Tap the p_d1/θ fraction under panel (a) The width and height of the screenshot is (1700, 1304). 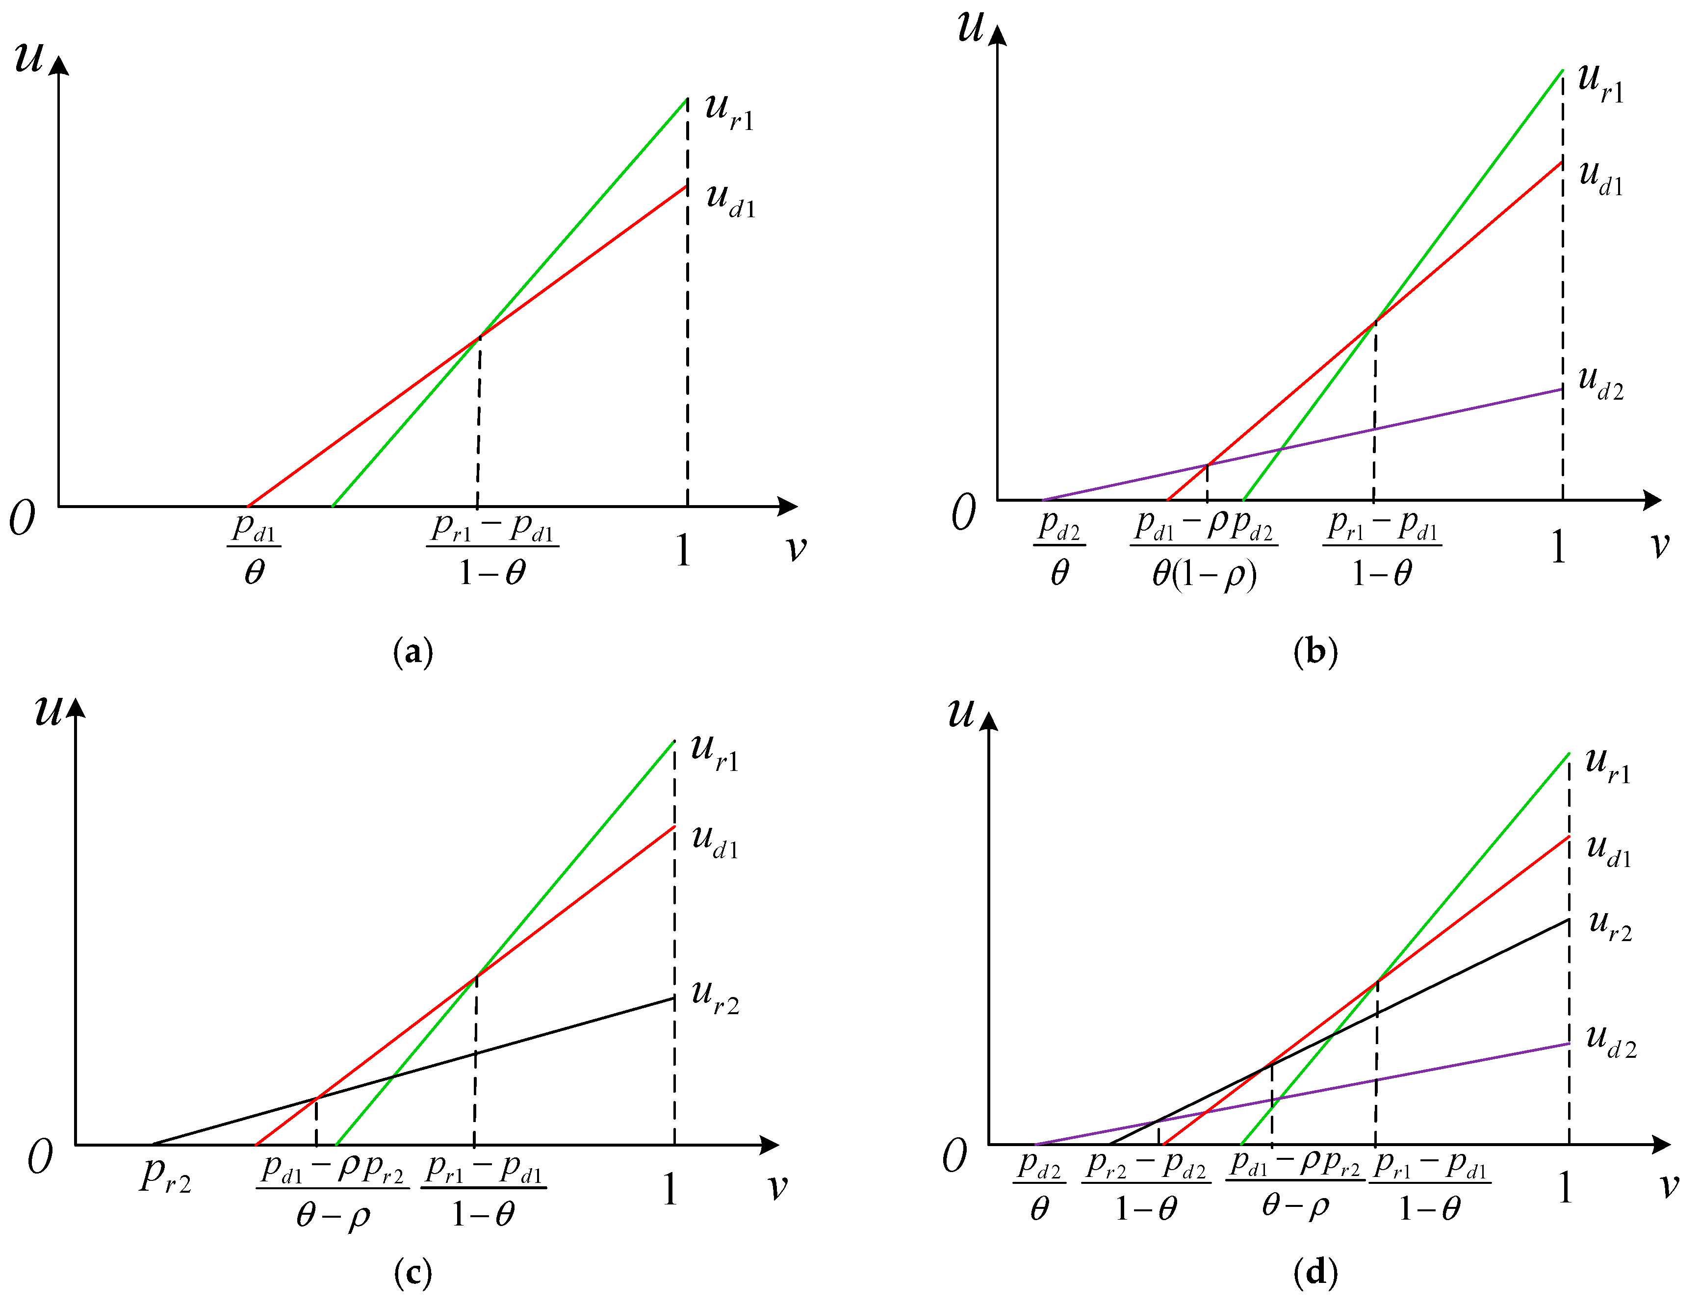click(x=254, y=548)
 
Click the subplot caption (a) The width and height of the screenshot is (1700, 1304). click(x=413, y=652)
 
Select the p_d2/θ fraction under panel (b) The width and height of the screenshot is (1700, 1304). click(x=1059, y=548)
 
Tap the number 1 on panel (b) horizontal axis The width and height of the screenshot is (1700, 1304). click(x=1558, y=547)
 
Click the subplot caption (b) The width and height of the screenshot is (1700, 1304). click(x=1316, y=652)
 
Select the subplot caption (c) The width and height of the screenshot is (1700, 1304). click(x=413, y=1273)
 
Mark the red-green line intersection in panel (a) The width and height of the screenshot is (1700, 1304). click(x=479, y=336)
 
